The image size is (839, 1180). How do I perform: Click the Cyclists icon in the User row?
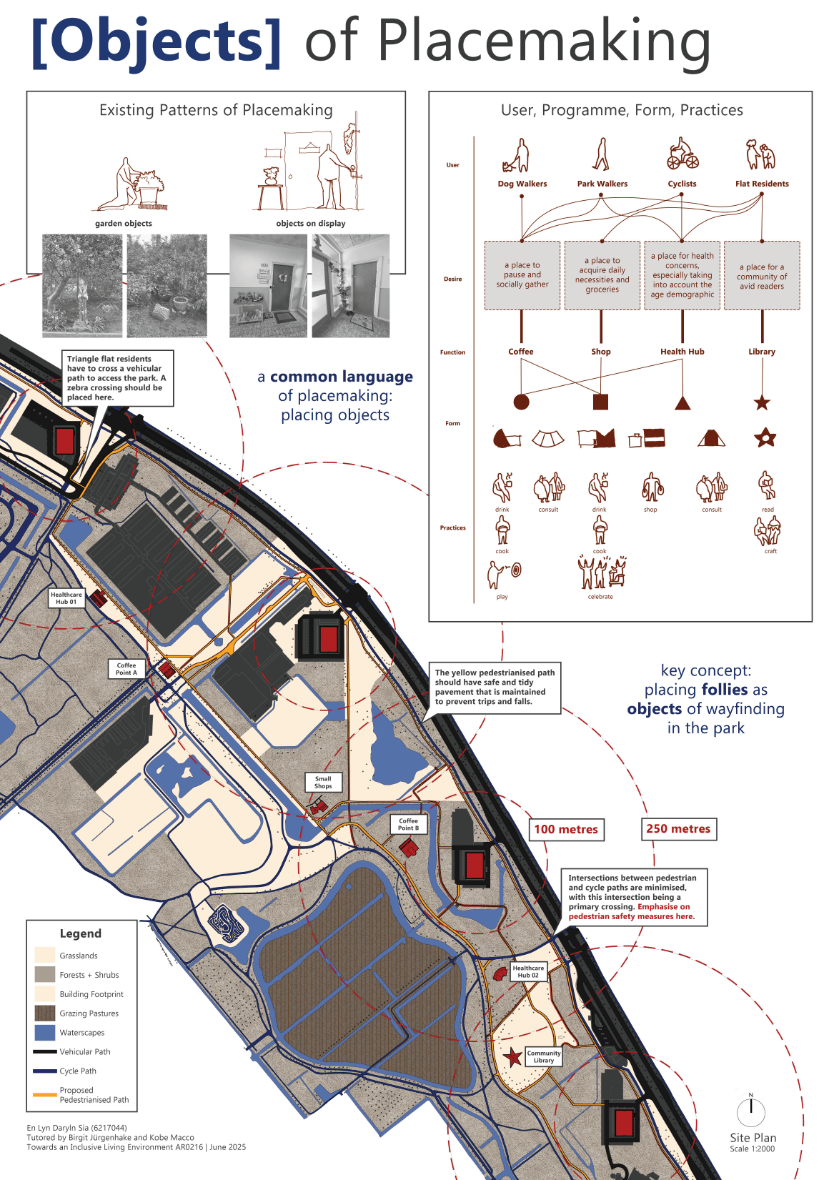(682, 153)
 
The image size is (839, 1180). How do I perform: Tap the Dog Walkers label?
(522, 184)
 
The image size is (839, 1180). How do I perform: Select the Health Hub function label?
(682, 352)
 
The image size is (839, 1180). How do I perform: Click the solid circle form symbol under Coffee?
(521, 402)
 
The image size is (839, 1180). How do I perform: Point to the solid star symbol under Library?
(762, 402)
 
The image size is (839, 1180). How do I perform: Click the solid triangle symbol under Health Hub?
(682, 402)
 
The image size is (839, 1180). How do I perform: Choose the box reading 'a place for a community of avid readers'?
(762, 276)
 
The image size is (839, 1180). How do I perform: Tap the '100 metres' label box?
(566, 829)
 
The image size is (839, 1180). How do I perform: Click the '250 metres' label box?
(678, 828)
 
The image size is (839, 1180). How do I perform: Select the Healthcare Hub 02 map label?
(528, 971)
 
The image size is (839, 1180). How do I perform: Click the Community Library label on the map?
(544, 1056)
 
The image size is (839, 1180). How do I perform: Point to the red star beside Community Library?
(512, 1056)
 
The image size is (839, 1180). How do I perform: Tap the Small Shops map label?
(323, 783)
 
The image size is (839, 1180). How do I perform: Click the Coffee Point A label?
(126, 669)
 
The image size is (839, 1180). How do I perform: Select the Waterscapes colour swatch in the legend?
(44, 1032)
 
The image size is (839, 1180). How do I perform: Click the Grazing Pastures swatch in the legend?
(44, 1013)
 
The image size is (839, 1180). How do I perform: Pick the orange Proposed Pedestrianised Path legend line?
(44, 1094)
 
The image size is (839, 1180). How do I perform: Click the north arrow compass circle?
(750, 1111)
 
